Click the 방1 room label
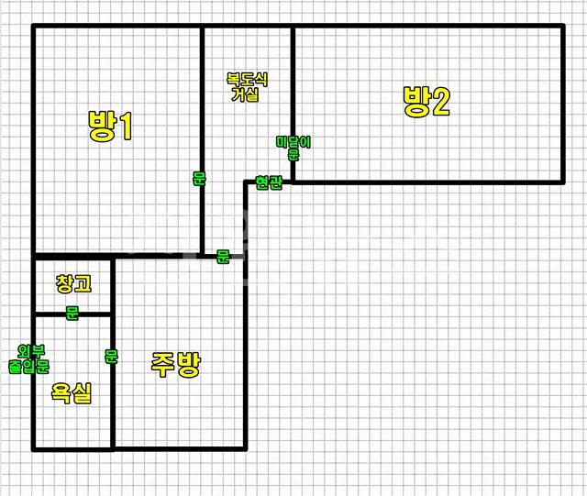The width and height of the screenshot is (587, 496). (x=110, y=126)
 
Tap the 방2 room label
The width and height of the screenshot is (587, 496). (x=426, y=102)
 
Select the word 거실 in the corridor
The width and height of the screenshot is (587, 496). (x=245, y=94)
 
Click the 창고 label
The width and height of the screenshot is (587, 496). (x=73, y=284)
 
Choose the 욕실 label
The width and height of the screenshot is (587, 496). (x=71, y=395)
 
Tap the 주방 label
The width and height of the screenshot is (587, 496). (x=174, y=366)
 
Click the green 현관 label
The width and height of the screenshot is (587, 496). (x=269, y=182)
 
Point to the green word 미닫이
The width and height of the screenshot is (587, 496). (x=293, y=142)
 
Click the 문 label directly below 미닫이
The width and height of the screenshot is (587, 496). (x=293, y=155)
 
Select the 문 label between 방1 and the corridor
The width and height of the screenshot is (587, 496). (x=199, y=179)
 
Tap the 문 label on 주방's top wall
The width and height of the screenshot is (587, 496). (x=222, y=257)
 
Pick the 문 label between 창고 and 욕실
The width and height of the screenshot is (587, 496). (x=72, y=314)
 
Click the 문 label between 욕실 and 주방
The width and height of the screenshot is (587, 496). (x=111, y=358)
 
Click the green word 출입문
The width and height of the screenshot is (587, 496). (x=28, y=366)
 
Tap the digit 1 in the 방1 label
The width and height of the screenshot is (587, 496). (x=126, y=126)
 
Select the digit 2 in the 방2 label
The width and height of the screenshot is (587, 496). (x=439, y=102)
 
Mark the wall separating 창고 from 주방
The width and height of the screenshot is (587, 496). (x=113, y=284)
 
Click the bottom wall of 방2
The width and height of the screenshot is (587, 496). (x=431, y=182)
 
